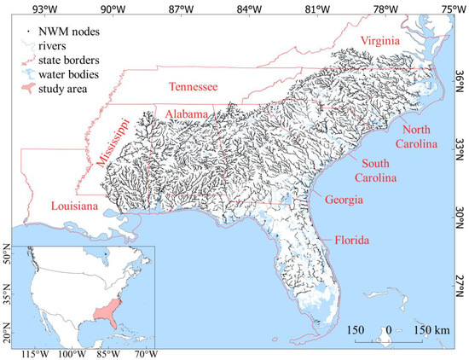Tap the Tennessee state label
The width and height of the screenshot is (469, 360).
pos(193,87)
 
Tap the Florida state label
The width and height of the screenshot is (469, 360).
pos(351,240)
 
